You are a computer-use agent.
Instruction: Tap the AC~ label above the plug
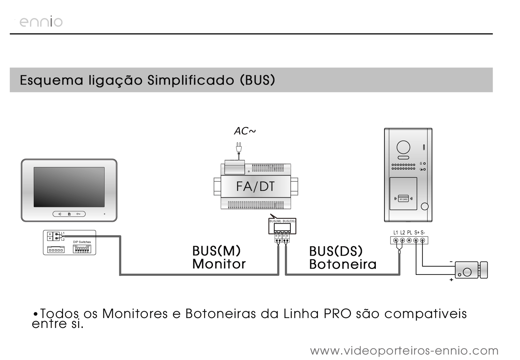(244, 131)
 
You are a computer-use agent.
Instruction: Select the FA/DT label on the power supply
(255, 186)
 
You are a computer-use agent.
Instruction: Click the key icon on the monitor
(79, 214)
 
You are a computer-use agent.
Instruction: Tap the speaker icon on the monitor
(60, 214)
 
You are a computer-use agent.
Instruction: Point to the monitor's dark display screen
(68, 187)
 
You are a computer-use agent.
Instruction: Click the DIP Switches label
(82, 242)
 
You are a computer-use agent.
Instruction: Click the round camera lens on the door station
(403, 148)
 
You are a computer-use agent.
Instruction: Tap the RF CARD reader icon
(403, 199)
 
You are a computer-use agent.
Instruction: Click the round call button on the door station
(425, 206)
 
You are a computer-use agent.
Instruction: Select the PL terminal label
(410, 232)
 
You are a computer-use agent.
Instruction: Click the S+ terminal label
(417, 232)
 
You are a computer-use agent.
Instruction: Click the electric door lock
(471, 270)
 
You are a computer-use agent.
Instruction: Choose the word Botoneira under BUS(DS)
(343, 265)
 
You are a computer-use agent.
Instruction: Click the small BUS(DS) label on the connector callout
(289, 221)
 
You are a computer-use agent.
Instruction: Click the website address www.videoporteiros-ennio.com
(404, 350)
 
